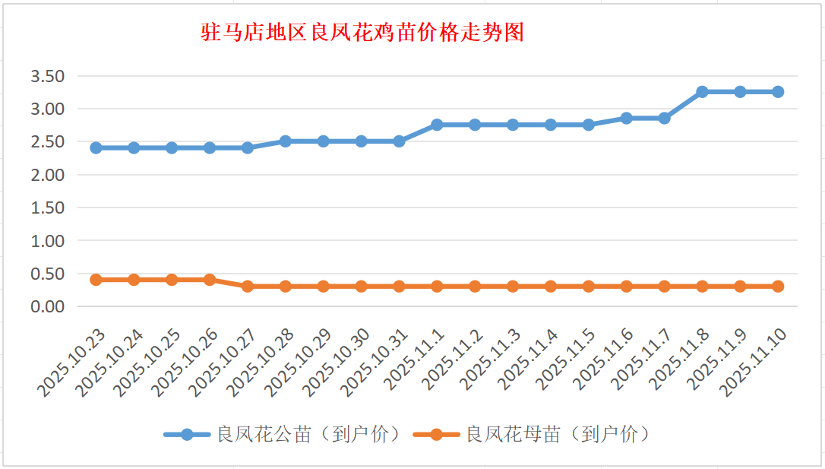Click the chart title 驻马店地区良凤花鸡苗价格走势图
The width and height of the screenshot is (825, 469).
tap(363, 33)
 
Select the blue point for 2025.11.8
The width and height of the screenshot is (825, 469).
tap(702, 92)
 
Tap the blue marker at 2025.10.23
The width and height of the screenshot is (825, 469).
tap(96, 147)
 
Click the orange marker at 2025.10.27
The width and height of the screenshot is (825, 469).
tap(248, 287)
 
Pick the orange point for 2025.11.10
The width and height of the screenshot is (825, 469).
tap(778, 287)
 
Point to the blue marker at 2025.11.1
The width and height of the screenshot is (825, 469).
tap(437, 125)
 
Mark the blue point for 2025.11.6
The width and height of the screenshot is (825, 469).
tap(626, 118)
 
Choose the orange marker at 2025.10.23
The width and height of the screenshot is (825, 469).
tap(96, 280)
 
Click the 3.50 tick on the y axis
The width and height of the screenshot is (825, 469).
tap(47, 76)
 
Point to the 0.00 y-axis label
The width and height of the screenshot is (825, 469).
tap(47, 306)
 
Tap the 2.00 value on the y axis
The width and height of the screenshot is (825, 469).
tap(47, 175)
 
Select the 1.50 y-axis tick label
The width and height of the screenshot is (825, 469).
tap(47, 208)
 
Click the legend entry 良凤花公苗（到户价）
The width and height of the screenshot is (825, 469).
tap(308, 435)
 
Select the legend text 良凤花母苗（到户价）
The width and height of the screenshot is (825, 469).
tap(558, 435)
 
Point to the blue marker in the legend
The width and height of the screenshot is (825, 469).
tap(187, 435)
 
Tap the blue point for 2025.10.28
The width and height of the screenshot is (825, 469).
tap(286, 141)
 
